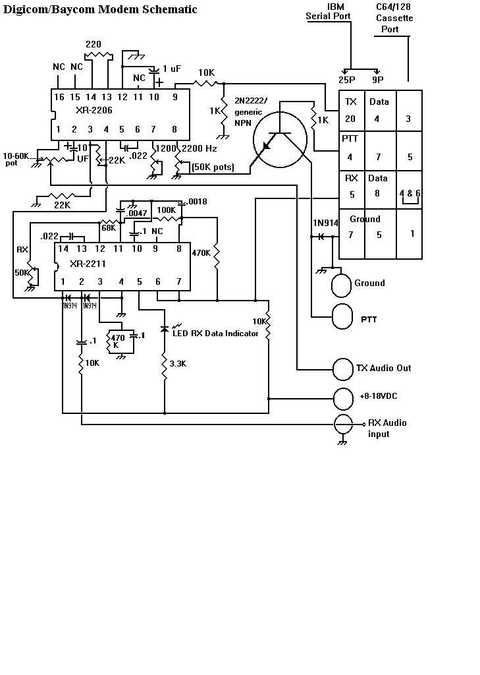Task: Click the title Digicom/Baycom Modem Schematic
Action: pos(101,9)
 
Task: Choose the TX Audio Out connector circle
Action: pos(343,368)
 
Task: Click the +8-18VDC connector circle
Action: pos(343,398)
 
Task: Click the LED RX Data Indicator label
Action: pos(215,333)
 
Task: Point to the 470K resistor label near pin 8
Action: pos(201,252)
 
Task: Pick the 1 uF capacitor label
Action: pos(171,69)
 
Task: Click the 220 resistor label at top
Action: pos(93,44)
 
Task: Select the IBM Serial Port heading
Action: pos(328,12)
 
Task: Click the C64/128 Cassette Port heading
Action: pos(394,18)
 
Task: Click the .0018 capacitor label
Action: pos(198,201)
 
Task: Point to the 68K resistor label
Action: pos(109,227)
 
